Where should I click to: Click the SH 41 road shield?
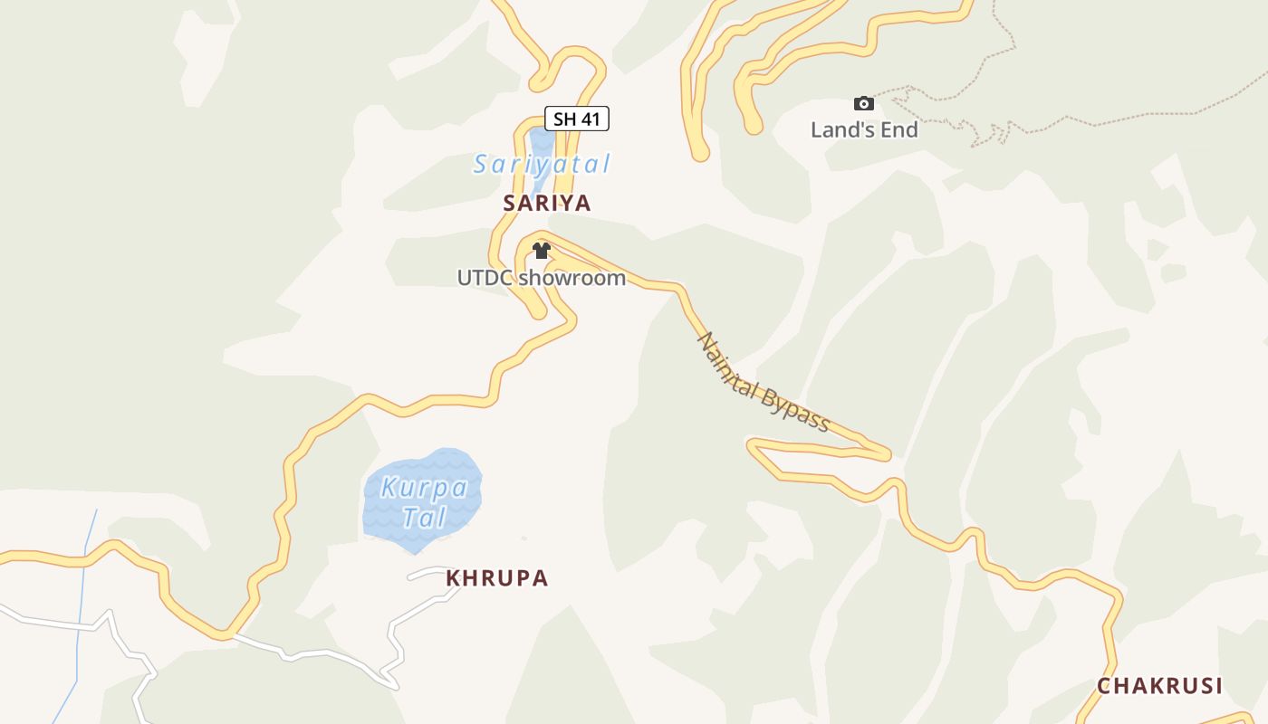576,119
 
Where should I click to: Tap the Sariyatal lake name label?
542,164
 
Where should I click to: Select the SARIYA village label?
547,203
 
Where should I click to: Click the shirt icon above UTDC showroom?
542,251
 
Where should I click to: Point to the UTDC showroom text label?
541,278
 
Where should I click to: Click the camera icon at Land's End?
864,104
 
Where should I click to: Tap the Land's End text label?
864,129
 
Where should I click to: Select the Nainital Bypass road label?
763,383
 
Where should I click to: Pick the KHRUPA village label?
497,578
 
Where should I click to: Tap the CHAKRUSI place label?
1159,686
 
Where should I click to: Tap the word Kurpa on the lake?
424,488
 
